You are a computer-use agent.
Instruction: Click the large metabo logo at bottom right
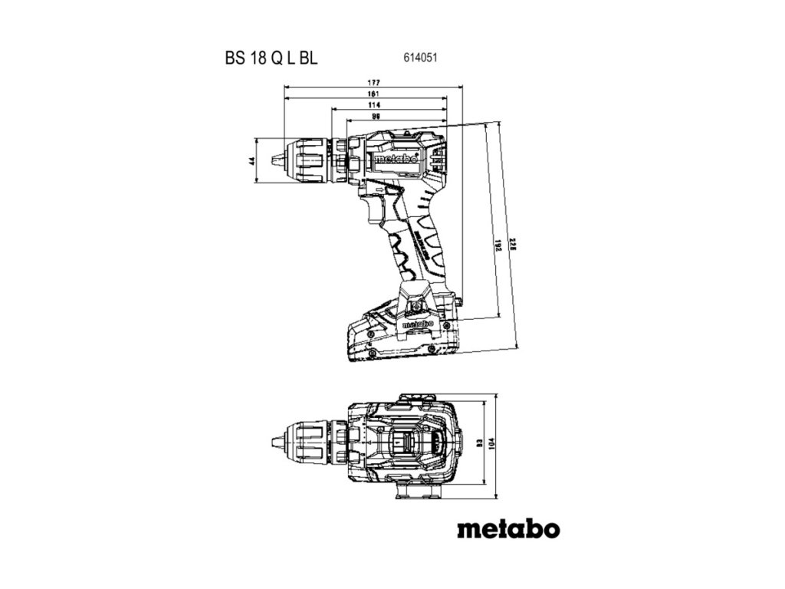tap(509, 529)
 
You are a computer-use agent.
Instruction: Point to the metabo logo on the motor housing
tap(396, 161)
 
